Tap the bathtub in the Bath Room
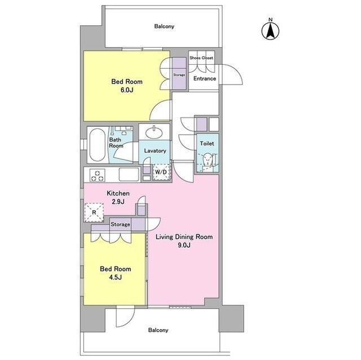click(x=97, y=145)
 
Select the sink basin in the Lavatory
click(x=154, y=132)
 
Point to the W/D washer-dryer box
click(x=161, y=172)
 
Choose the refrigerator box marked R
click(x=94, y=212)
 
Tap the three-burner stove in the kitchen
click(x=98, y=175)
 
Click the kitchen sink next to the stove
click(x=129, y=175)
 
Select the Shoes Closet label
click(x=201, y=58)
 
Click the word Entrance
click(x=205, y=79)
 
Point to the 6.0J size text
click(x=127, y=90)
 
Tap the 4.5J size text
click(x=115, y=277)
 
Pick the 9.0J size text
click(x=184, y=245)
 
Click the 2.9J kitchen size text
click(x=118, y=202)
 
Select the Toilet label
click(x=207, y=144)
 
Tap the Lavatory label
click(x=155, y=151)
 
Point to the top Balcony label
click(x=164, y=26)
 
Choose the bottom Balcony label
click(x=158, y=330)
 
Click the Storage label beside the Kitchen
click(x=120, y=224)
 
